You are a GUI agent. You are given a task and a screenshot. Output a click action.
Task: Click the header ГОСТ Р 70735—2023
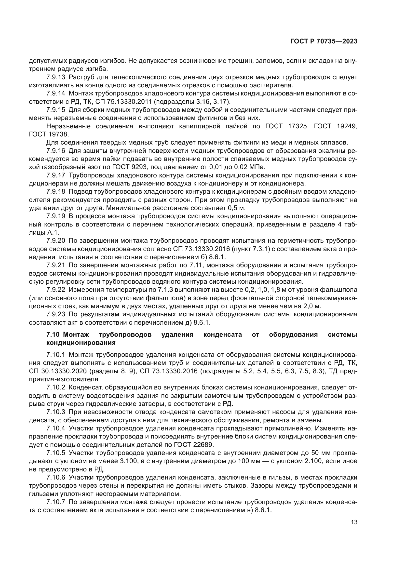click(x=324, y=41)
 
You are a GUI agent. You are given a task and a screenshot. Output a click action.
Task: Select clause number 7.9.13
click(x=55, y=77)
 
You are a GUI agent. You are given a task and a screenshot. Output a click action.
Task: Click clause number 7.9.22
click(x=55, y=290)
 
